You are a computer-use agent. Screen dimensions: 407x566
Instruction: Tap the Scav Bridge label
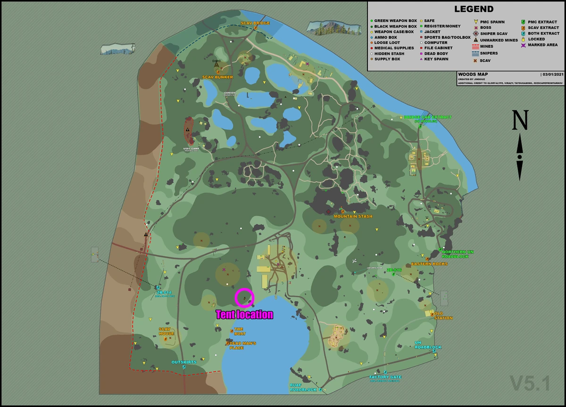(255, 23)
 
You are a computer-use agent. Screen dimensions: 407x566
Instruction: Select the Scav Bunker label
(217, 77)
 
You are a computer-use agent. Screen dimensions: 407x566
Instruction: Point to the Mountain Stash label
(353, 216)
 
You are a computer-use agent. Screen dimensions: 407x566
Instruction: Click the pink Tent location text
(244, 314)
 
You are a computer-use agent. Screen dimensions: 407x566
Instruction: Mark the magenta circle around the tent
(244, 298)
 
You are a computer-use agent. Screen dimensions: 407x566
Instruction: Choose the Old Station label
(443, 315)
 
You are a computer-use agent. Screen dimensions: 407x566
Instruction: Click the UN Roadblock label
(428, 345)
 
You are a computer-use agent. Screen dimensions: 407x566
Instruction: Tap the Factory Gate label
(385, 377)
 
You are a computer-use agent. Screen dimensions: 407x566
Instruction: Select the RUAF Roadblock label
(303, 387)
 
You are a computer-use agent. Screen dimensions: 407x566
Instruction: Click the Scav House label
(166, 331)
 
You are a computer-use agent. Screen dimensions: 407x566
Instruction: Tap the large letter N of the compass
(520, 120)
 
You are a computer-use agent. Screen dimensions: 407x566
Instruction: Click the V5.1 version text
(530, 383)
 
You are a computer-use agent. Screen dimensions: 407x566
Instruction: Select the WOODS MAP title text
(473, 74)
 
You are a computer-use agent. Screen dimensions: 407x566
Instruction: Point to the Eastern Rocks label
(429, 264)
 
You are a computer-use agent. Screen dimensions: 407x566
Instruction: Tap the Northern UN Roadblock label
(458, 254)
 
